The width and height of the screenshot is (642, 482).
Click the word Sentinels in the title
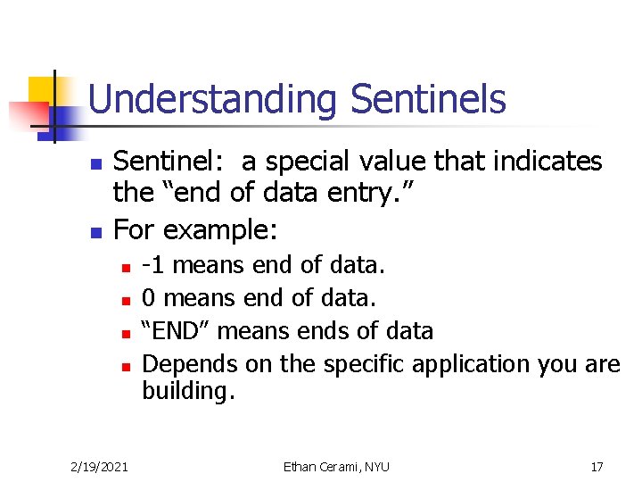(x=428, y=99)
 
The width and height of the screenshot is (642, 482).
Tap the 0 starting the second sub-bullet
(x=149, y=298)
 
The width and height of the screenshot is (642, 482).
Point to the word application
(x=457, y=365)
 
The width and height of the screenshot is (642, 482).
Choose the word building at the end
(x=185, y=392)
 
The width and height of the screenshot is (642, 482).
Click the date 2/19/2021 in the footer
(x=99, y=466)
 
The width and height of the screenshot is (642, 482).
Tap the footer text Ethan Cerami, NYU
(x=336, y=466)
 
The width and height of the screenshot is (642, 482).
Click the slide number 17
(x=597, y=466)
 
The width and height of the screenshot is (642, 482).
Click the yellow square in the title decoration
(x=43, y=90)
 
